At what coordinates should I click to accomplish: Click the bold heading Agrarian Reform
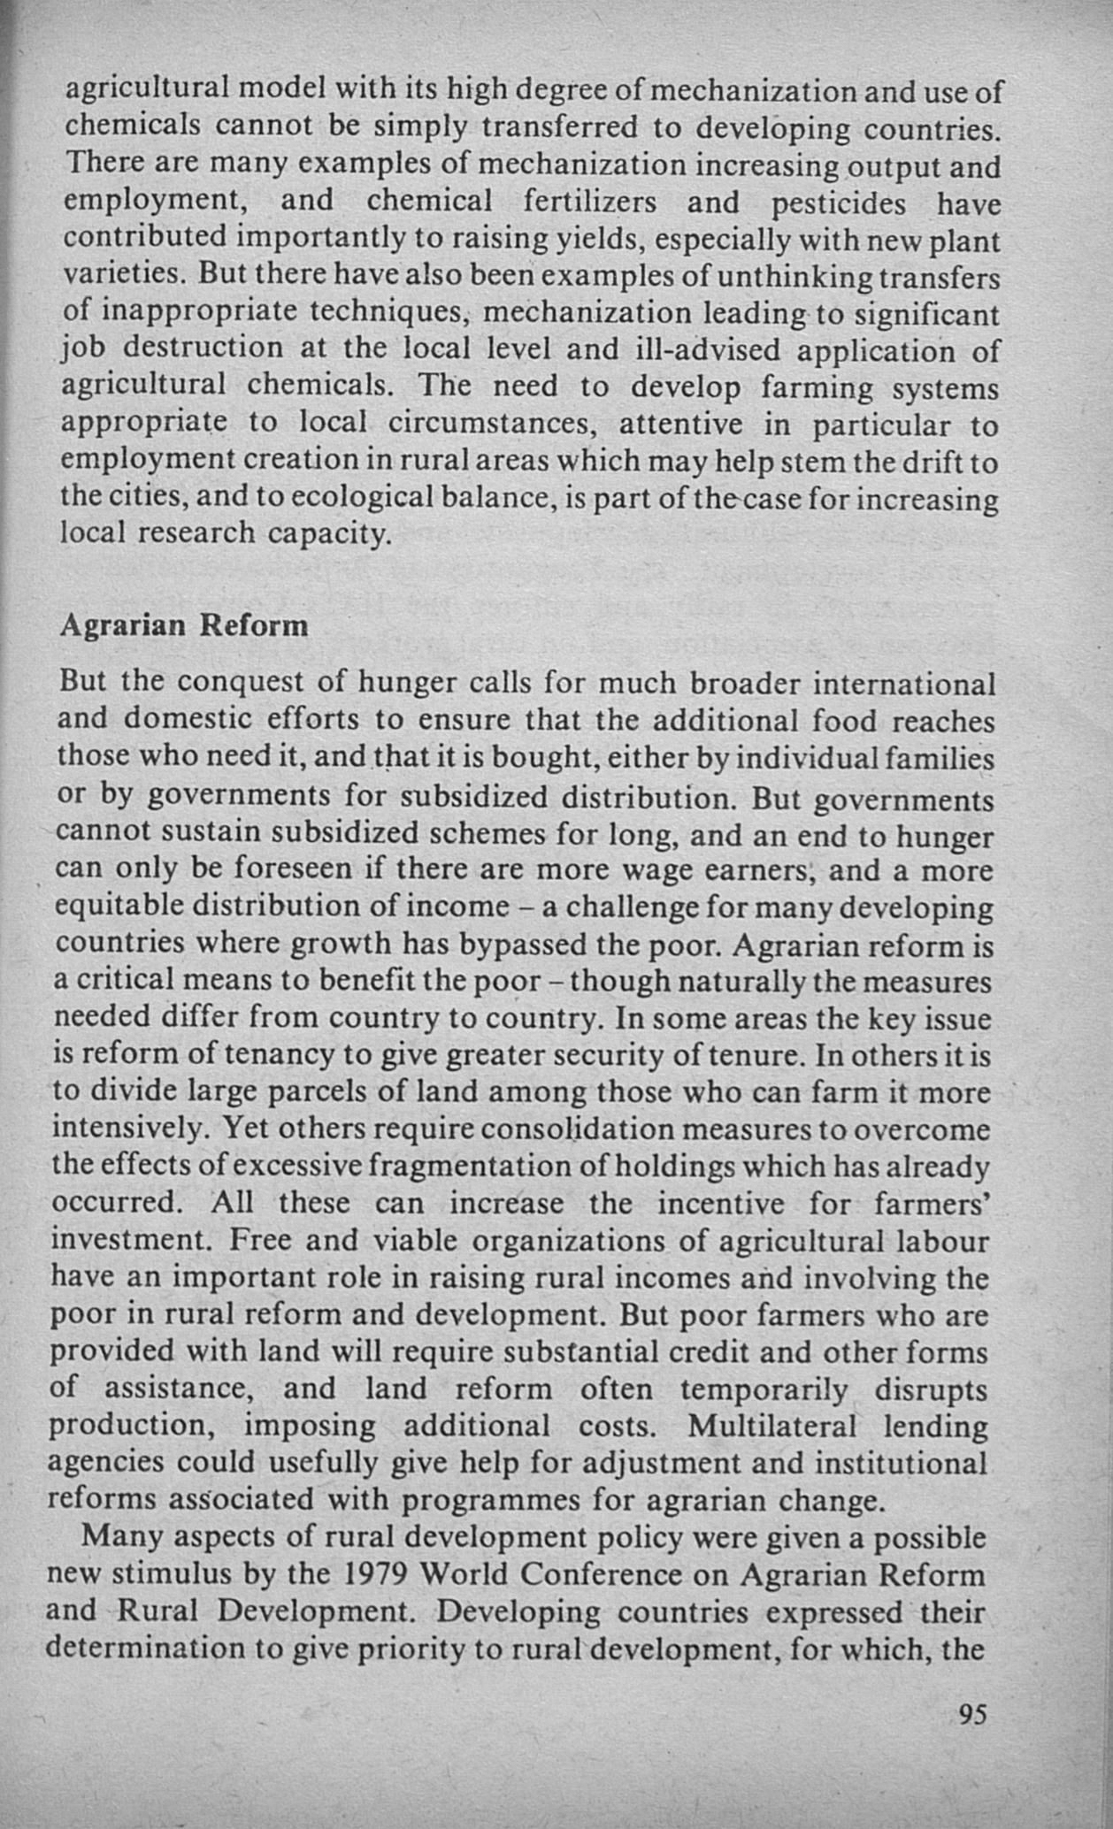[184, 625]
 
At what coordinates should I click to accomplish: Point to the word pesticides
[839, 203]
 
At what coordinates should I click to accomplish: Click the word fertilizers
[589, 202]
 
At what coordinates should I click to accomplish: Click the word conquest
[238, 682]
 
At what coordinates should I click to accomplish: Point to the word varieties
[123, 276]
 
